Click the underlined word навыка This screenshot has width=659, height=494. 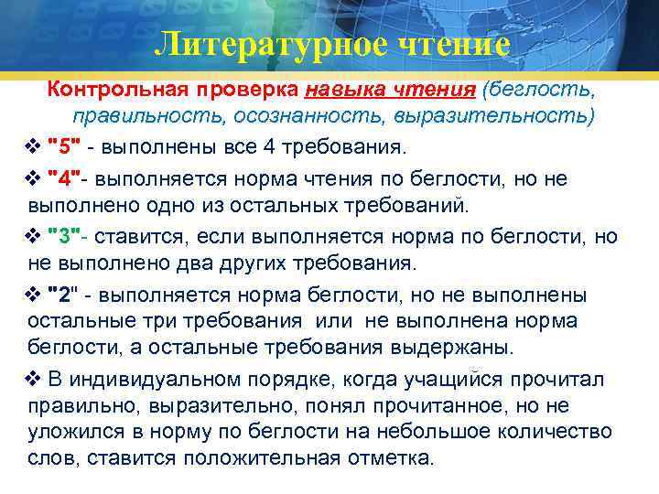(x=341, y=91)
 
